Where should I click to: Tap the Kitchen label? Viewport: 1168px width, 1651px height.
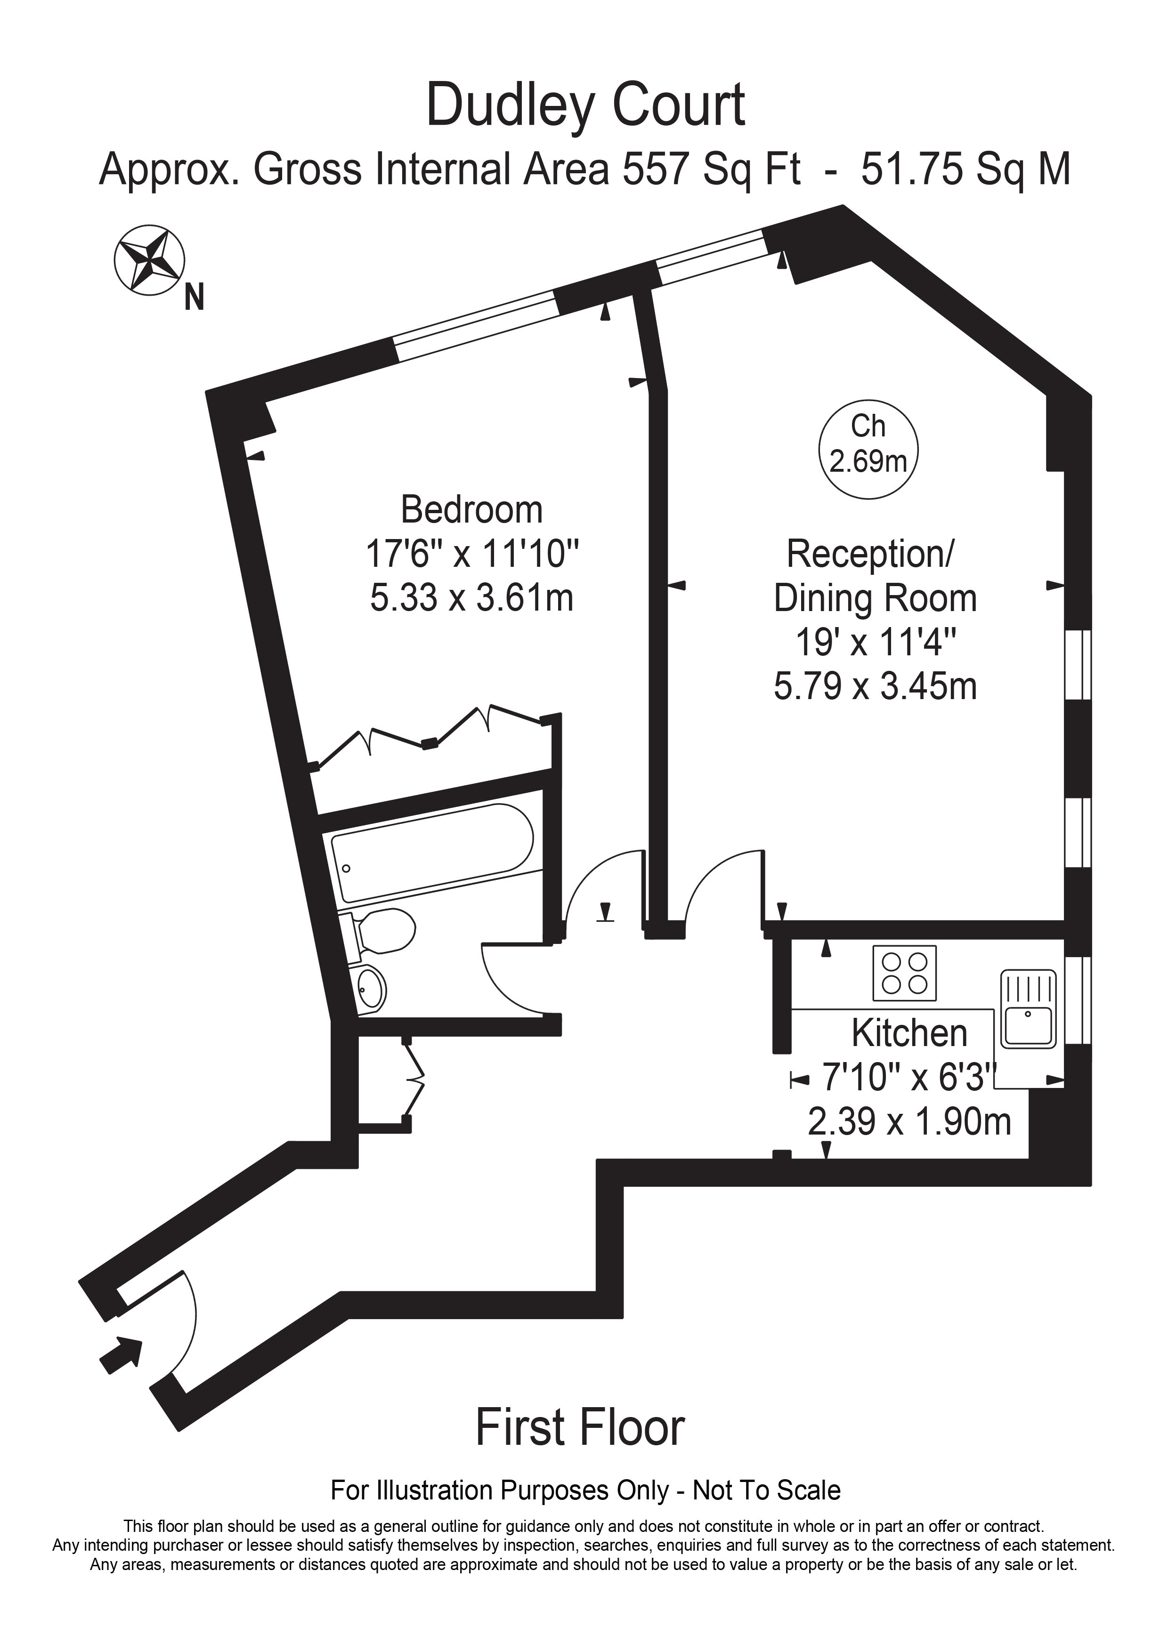coord(909,1033)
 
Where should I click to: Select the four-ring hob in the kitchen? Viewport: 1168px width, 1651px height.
coord(905,973)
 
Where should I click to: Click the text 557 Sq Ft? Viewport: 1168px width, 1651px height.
coord(712,170)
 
